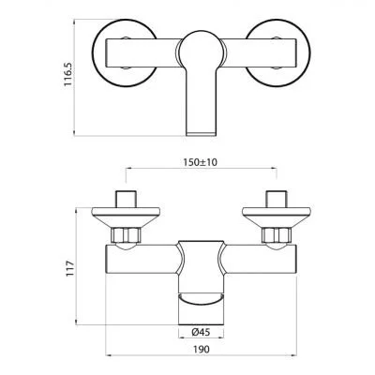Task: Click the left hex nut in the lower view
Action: coord(126,234)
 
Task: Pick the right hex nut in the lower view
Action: coord(277,234)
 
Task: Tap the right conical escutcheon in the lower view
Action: coord(277,214)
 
